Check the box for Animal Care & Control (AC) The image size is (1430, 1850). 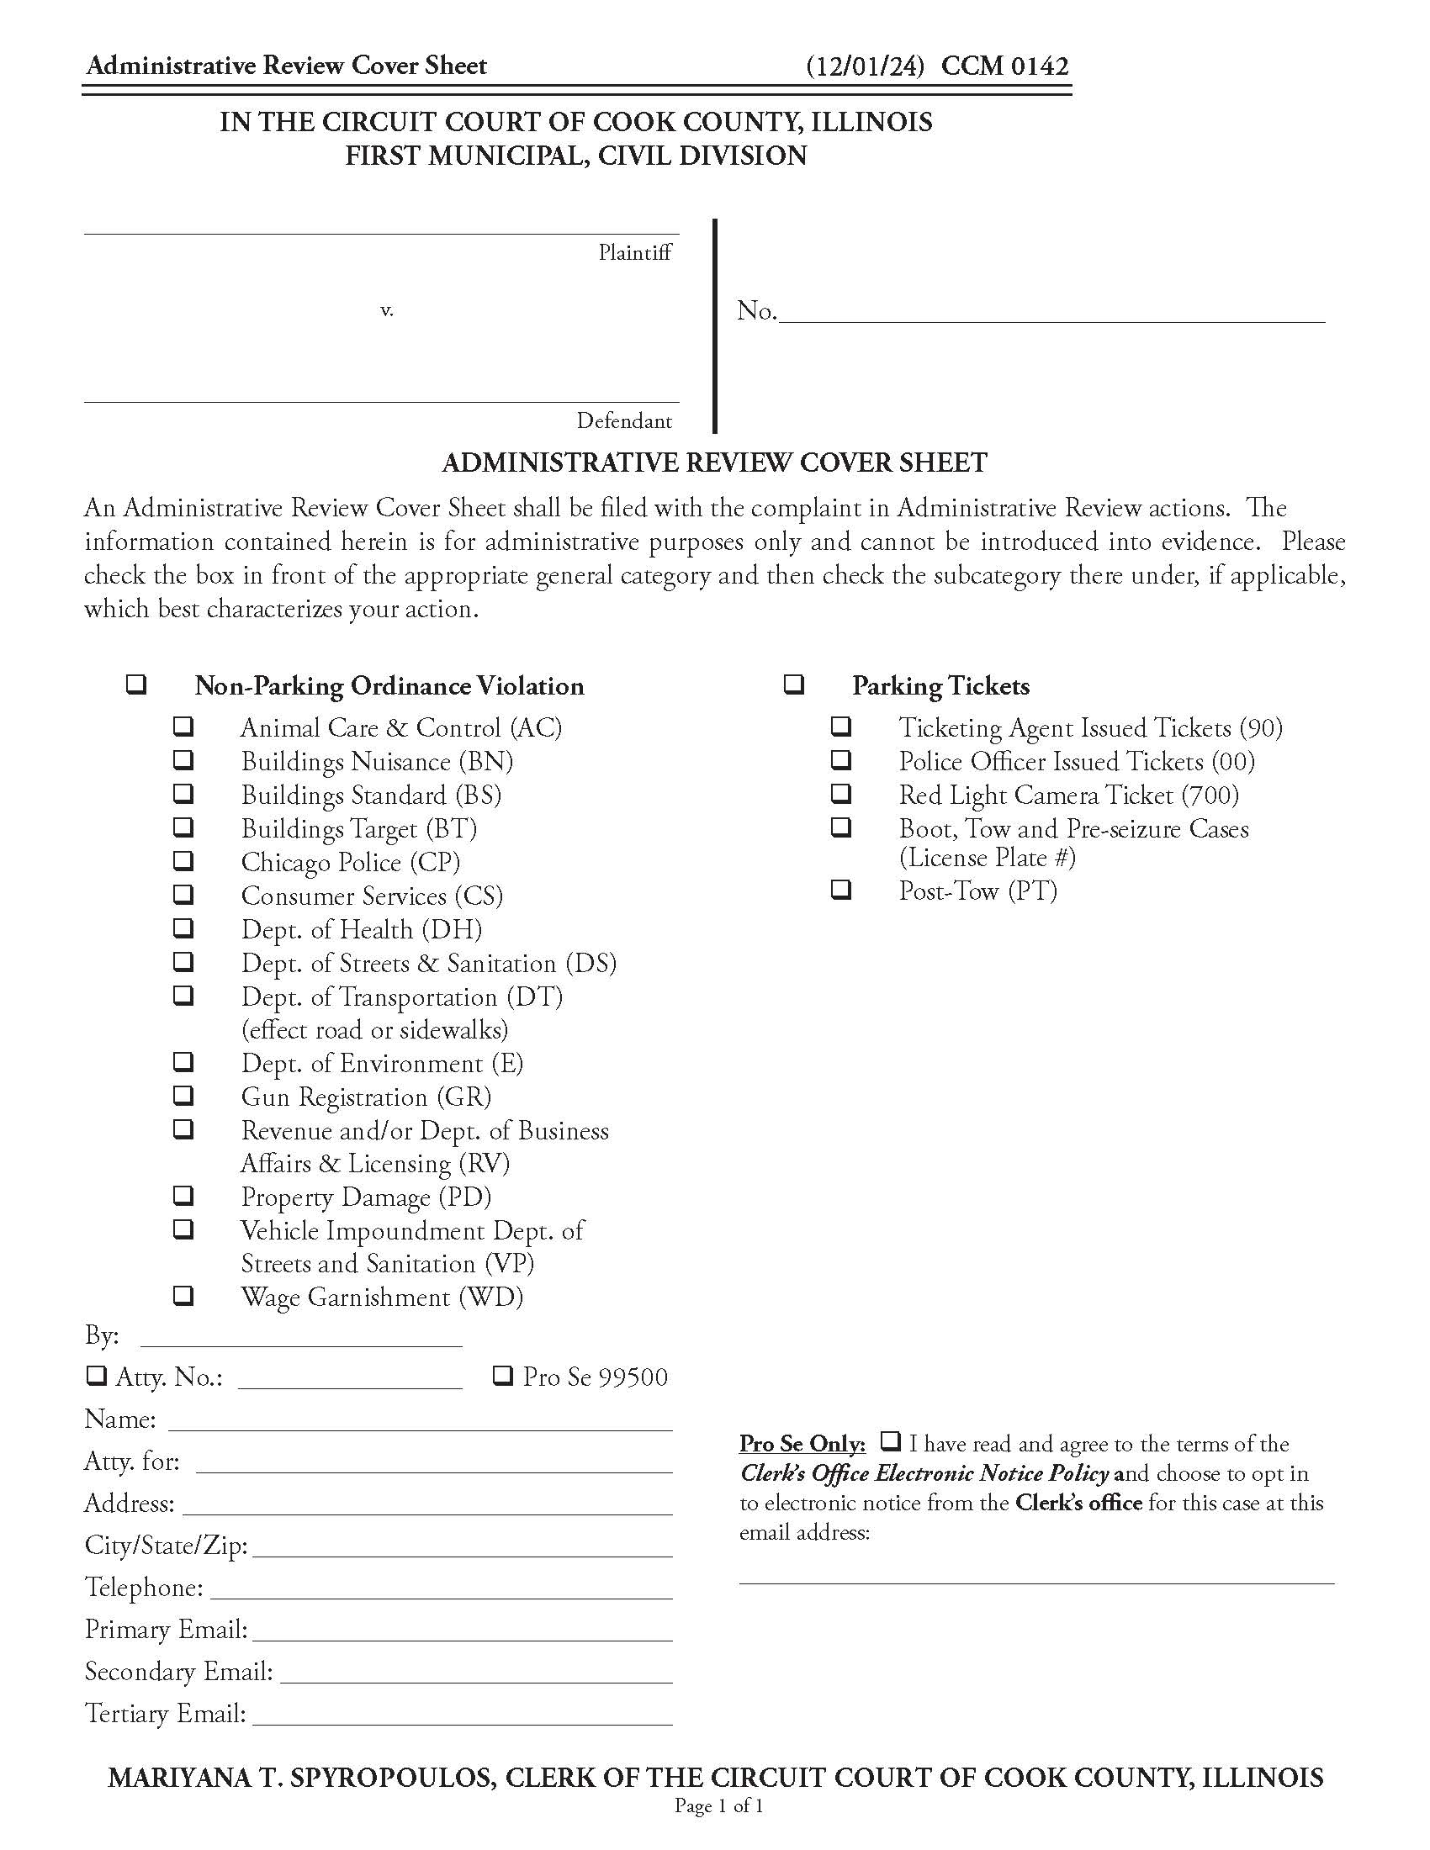(183, 726)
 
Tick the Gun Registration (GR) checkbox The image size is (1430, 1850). (183, 1095)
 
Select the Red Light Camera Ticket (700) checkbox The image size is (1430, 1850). (840, 793)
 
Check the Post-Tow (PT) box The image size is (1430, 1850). (840, 890)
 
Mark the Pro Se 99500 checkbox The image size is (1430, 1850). (502, 1376)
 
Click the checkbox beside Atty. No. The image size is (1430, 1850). (96, 1376)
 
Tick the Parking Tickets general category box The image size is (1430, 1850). (793, 684)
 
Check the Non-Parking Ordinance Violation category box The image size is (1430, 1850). (135, 684)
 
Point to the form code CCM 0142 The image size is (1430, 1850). (1004, 66)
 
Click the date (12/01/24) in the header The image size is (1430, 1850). (864, 66)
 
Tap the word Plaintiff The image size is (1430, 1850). (634, 252)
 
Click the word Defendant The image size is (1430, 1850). (624, 421)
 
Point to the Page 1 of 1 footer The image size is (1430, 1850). (718, 1806)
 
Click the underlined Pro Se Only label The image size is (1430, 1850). (802, 1443)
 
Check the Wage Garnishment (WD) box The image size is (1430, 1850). (183, 1295)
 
